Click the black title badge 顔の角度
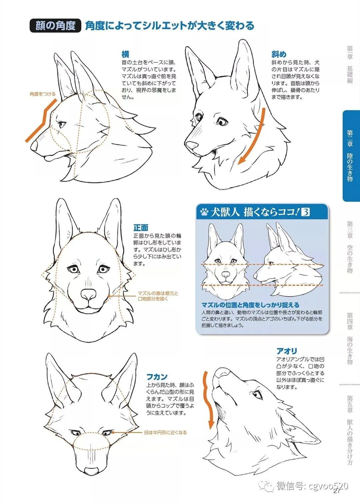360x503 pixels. coord(55,25)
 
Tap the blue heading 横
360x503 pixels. coord(125,54)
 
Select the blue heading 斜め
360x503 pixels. coord(279,54)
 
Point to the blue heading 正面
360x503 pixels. coord(141,228)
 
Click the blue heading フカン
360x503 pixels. coord(157,377)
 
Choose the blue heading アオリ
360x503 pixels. coord(287,351)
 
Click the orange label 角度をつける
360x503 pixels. coord(42,94)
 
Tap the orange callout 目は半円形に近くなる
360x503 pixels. coord(165,432)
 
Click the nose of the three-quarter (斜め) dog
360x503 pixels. coord(191,145)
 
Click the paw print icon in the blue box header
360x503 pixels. coord(204,212)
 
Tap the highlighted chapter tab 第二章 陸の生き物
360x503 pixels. coord(351,156)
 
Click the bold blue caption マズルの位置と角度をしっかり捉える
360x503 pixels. coord(250,305)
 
